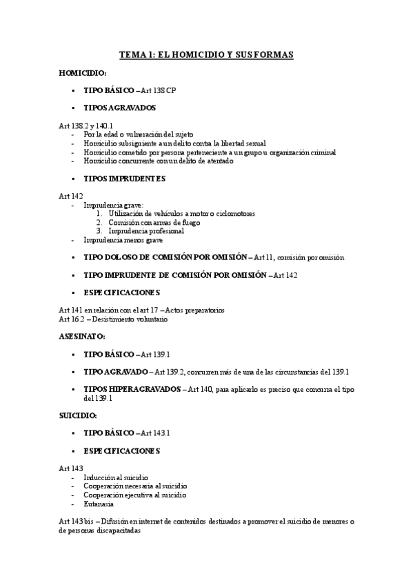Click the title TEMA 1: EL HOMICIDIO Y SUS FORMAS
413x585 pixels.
tap(206, 56)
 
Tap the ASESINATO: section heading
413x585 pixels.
tap(81, 336)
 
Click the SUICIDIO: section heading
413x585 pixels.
tap(78, 416)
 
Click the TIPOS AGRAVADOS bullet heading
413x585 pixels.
tap(119, 108)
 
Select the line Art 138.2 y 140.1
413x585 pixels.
tap(85, 126)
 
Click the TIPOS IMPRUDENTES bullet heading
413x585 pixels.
tap(124, 179)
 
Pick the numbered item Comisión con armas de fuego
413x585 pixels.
tap(144, 223)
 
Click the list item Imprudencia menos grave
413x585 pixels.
tap(123, 240)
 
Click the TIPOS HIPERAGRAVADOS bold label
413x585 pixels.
tap(131, 389)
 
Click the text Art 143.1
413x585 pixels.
tap(155, 433)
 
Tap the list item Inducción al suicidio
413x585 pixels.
tap(115, 477)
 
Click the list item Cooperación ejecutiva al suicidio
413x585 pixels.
tap(135, 495)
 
